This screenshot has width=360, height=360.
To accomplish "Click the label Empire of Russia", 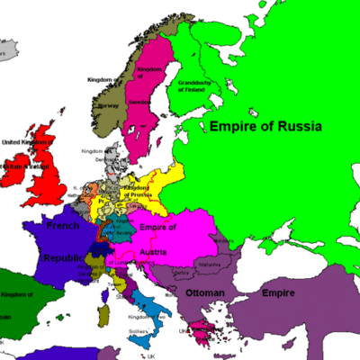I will (265, 127).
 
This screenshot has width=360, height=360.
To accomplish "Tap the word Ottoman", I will (204, 293).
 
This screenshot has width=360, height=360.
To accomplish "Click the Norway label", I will (108, 103).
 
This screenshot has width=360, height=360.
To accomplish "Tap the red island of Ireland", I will (18, 169).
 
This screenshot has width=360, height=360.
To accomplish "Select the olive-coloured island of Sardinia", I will (103, 314).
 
